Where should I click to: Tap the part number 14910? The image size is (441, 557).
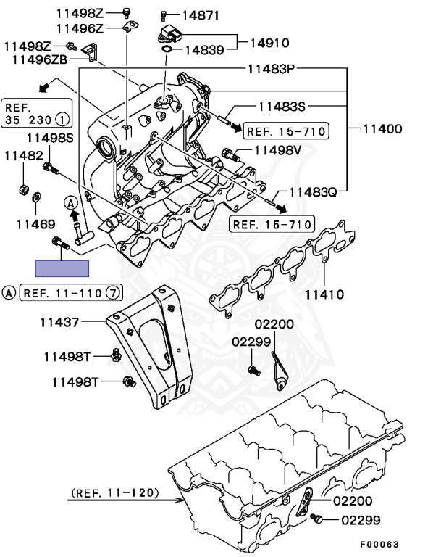269,42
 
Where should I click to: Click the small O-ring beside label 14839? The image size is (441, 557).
167,50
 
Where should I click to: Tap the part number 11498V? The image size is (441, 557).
276,150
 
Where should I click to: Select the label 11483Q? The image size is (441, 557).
314,192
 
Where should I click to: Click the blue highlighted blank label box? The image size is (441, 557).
63,268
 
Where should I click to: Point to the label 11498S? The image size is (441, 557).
51,138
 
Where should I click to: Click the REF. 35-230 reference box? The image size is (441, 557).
36,109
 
